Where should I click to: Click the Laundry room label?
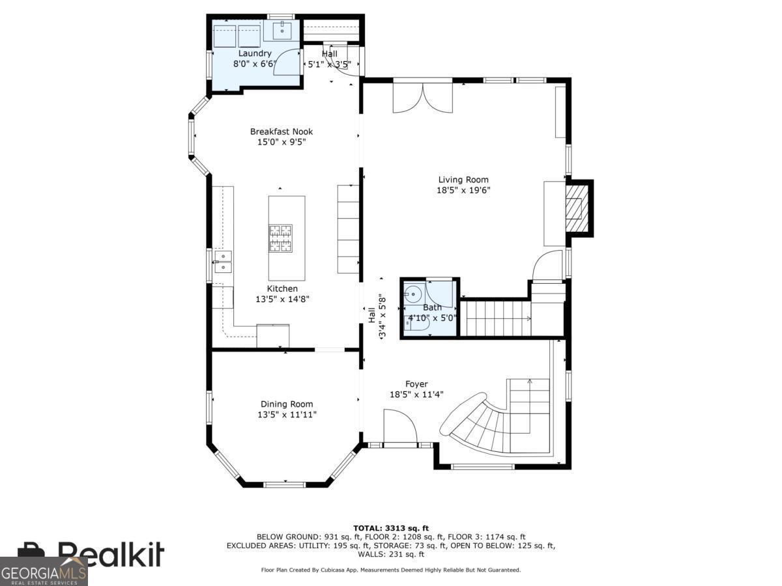pos(254,53)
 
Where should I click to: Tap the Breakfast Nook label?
pos(281,132)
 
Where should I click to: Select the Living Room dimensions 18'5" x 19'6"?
pos(463,190)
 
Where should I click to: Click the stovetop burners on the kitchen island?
pos(280,238)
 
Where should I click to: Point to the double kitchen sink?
pos(223,262)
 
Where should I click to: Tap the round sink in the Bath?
pos(413,294)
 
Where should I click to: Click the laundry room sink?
pos(282,31)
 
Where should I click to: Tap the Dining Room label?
pos(287,404)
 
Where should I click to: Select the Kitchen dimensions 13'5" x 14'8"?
pos(282,299)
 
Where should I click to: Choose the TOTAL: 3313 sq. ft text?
pos(391,528)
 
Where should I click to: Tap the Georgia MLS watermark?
pos(44,572)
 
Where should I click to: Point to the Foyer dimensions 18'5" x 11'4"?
pos(416,394)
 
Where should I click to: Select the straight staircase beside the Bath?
pos(496,318)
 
